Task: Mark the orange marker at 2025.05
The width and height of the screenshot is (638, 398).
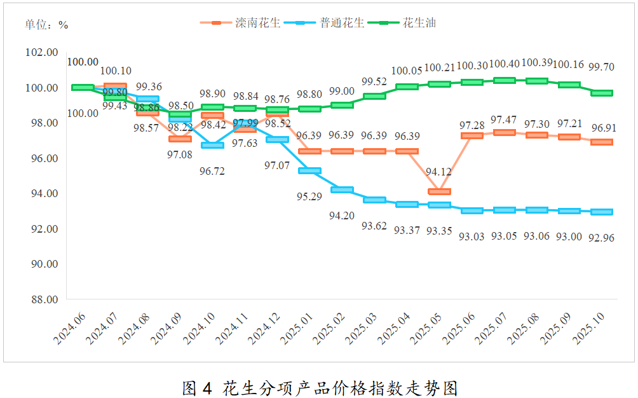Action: (439, 191)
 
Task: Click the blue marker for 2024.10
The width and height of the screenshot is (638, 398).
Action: (212, 146)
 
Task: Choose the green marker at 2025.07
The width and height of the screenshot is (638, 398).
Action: (504, 80)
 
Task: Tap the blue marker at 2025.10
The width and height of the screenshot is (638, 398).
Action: (602, 212)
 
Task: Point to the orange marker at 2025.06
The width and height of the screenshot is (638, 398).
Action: (472, 135)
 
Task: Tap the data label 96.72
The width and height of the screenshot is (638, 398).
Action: (212, 172)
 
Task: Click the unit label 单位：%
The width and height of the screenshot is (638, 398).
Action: (46, 25)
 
